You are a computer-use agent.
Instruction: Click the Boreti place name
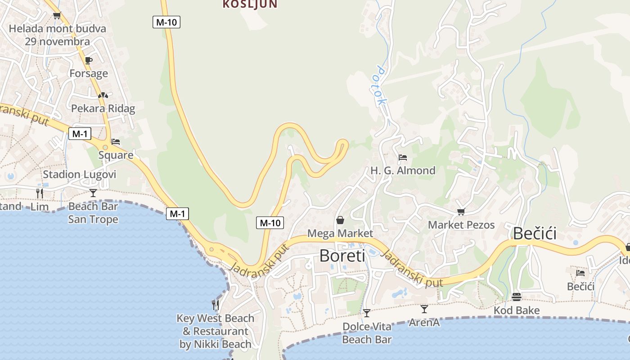point(342,256)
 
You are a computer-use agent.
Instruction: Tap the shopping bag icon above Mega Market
point(340,220)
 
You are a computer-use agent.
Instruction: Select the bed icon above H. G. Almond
point(403,157)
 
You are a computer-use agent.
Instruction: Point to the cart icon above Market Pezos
point(461,211)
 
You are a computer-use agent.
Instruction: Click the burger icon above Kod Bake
point(516,297)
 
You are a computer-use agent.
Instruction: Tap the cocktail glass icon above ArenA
point(424,309)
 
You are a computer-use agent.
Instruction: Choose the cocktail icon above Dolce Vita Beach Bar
point(367,313)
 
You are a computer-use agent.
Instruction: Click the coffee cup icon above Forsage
point(89,60)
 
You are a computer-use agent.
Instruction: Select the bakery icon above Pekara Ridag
point(103,95)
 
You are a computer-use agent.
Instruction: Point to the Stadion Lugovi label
point(80,175)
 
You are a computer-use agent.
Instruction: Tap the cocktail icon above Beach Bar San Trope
point(93,193)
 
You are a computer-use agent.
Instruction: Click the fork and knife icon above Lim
point(40,193)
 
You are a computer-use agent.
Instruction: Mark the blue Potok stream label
point(381,85)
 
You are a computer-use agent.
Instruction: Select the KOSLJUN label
point(250,4)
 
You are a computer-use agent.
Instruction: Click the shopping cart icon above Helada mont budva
point(57,16)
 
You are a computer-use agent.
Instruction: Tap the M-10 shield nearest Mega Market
point(270,222)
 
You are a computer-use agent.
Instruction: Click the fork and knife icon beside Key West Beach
point(216,305)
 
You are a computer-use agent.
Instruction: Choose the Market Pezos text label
point(461,225)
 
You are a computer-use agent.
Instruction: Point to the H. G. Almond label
point(403,171)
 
